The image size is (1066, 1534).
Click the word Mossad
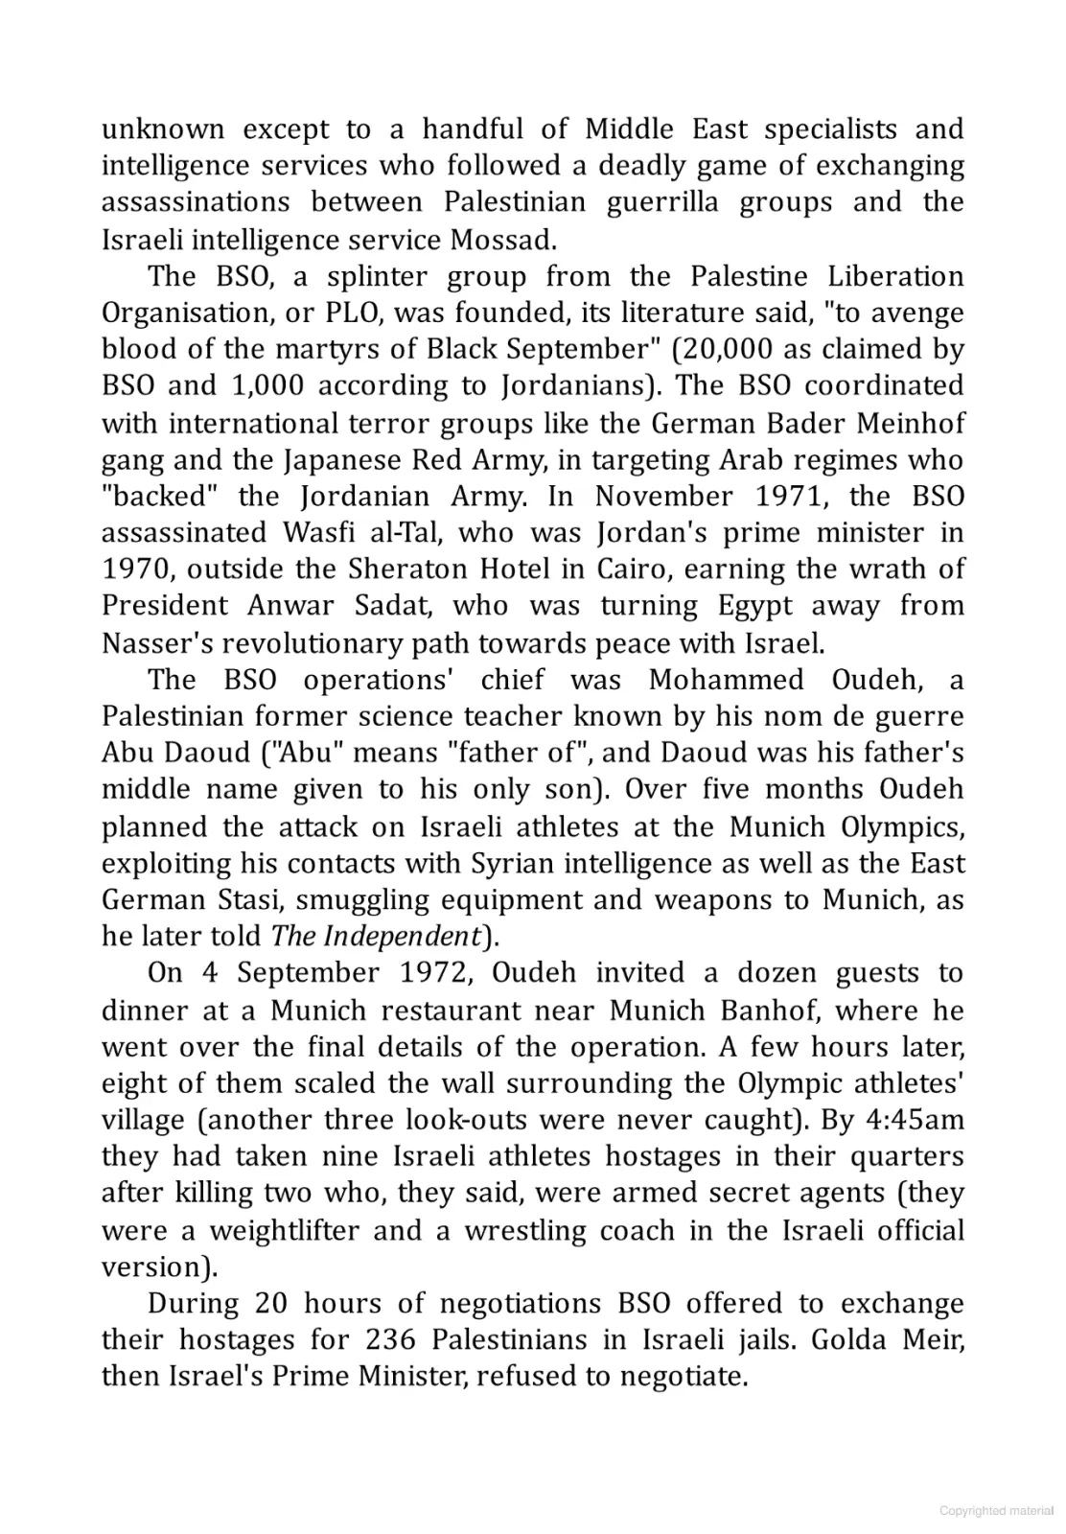(502, 239)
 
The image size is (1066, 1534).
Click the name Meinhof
(912, 422)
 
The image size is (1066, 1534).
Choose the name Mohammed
(726, 680)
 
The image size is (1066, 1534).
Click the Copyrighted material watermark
(996, 1511)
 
